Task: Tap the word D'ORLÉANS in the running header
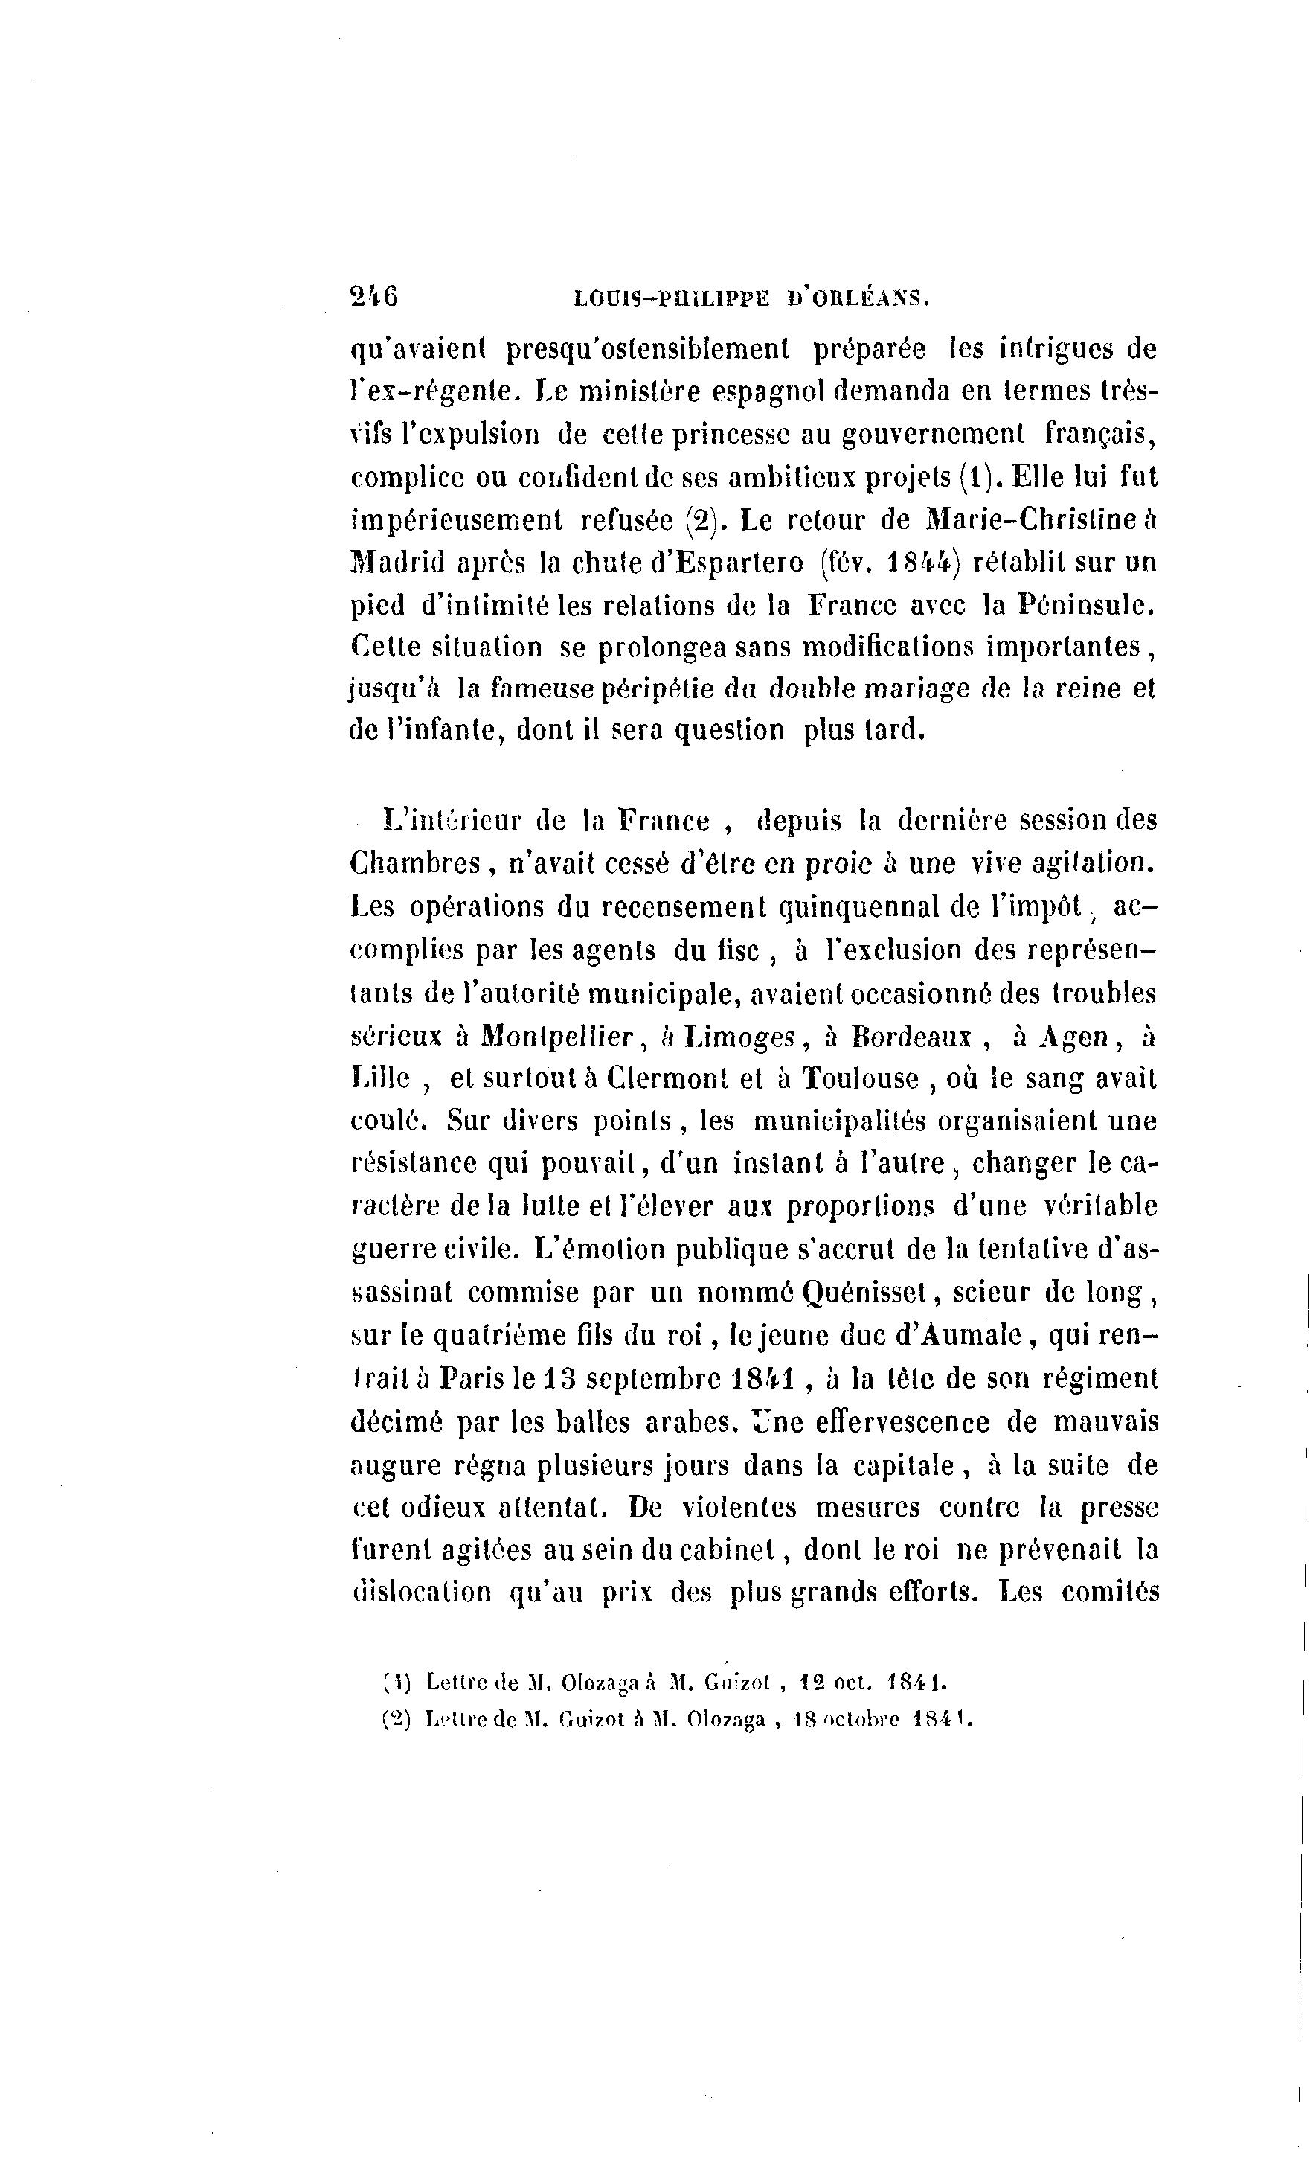pos(858,299)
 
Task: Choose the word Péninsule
pos(1086,605)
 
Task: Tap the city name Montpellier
pos(557,1037)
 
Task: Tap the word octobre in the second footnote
pos(860,1719)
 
